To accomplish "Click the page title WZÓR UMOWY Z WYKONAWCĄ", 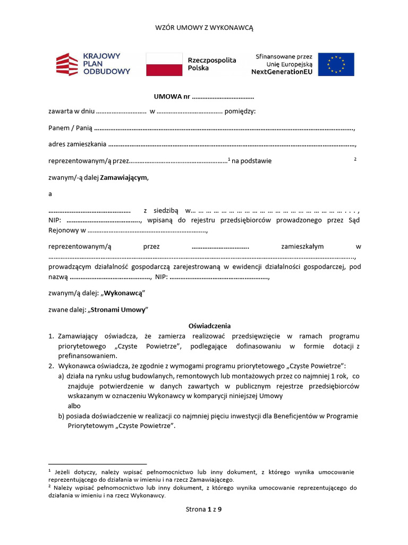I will [204, 28].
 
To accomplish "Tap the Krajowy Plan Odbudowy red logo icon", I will [67, 64].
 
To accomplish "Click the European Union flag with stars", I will [336, 64].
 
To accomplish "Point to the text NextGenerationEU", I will [282, 72].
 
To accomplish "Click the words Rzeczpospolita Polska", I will [212, 64].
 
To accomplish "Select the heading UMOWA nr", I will [172, 97].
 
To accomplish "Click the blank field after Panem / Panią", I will [223, 128].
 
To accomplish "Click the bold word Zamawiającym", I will [124, 177].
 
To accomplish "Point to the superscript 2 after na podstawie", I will [355, 159].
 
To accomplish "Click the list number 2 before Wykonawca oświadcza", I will [51, 366].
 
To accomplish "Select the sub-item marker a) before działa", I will [61, 376].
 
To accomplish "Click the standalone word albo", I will [75, 406].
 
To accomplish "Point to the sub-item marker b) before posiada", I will [62, 416].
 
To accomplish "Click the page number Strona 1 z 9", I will [203, 509].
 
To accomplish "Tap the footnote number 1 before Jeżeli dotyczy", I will [49, 471].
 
